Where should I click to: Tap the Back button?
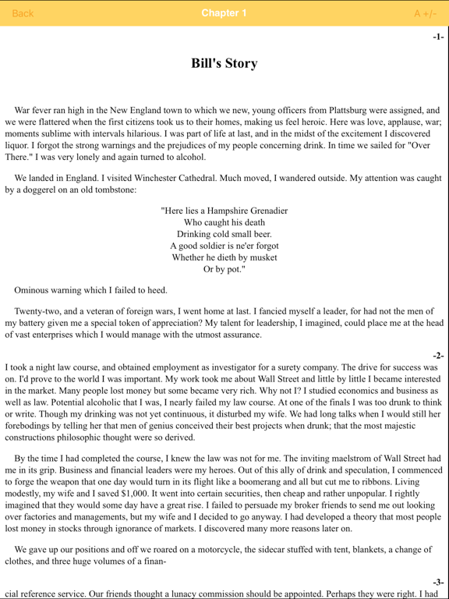point(23,13)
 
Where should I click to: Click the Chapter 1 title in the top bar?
point(224,13)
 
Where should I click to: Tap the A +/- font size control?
point(425,13)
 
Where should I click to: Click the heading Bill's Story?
point(224,64)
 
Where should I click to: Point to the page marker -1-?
point(438,37)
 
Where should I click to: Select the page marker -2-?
point(438,356)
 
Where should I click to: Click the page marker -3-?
point(438,582)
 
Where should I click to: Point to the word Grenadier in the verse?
point(262,211)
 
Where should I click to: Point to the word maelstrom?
point(339,459)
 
